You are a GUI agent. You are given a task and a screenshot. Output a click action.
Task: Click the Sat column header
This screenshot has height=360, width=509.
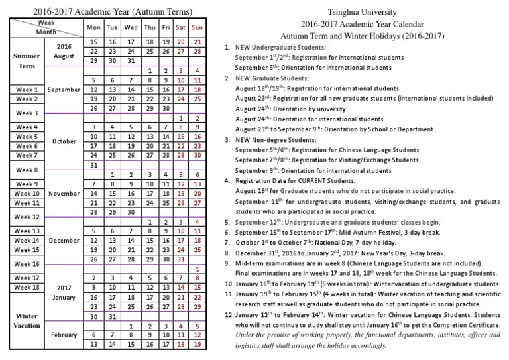180,27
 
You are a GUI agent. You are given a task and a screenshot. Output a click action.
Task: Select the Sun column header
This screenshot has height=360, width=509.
197,27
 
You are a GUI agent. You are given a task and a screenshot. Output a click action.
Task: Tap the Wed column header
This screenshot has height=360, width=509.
131,27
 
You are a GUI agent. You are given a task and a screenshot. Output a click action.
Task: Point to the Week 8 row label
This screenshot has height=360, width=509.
27,170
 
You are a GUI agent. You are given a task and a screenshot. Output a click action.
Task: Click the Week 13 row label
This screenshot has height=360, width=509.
27,231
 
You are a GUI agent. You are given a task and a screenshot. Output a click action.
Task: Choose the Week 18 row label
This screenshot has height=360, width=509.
27,287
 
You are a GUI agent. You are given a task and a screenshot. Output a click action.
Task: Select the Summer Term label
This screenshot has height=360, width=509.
27,61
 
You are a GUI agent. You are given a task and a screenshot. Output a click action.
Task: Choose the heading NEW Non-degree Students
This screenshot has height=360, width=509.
279,141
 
